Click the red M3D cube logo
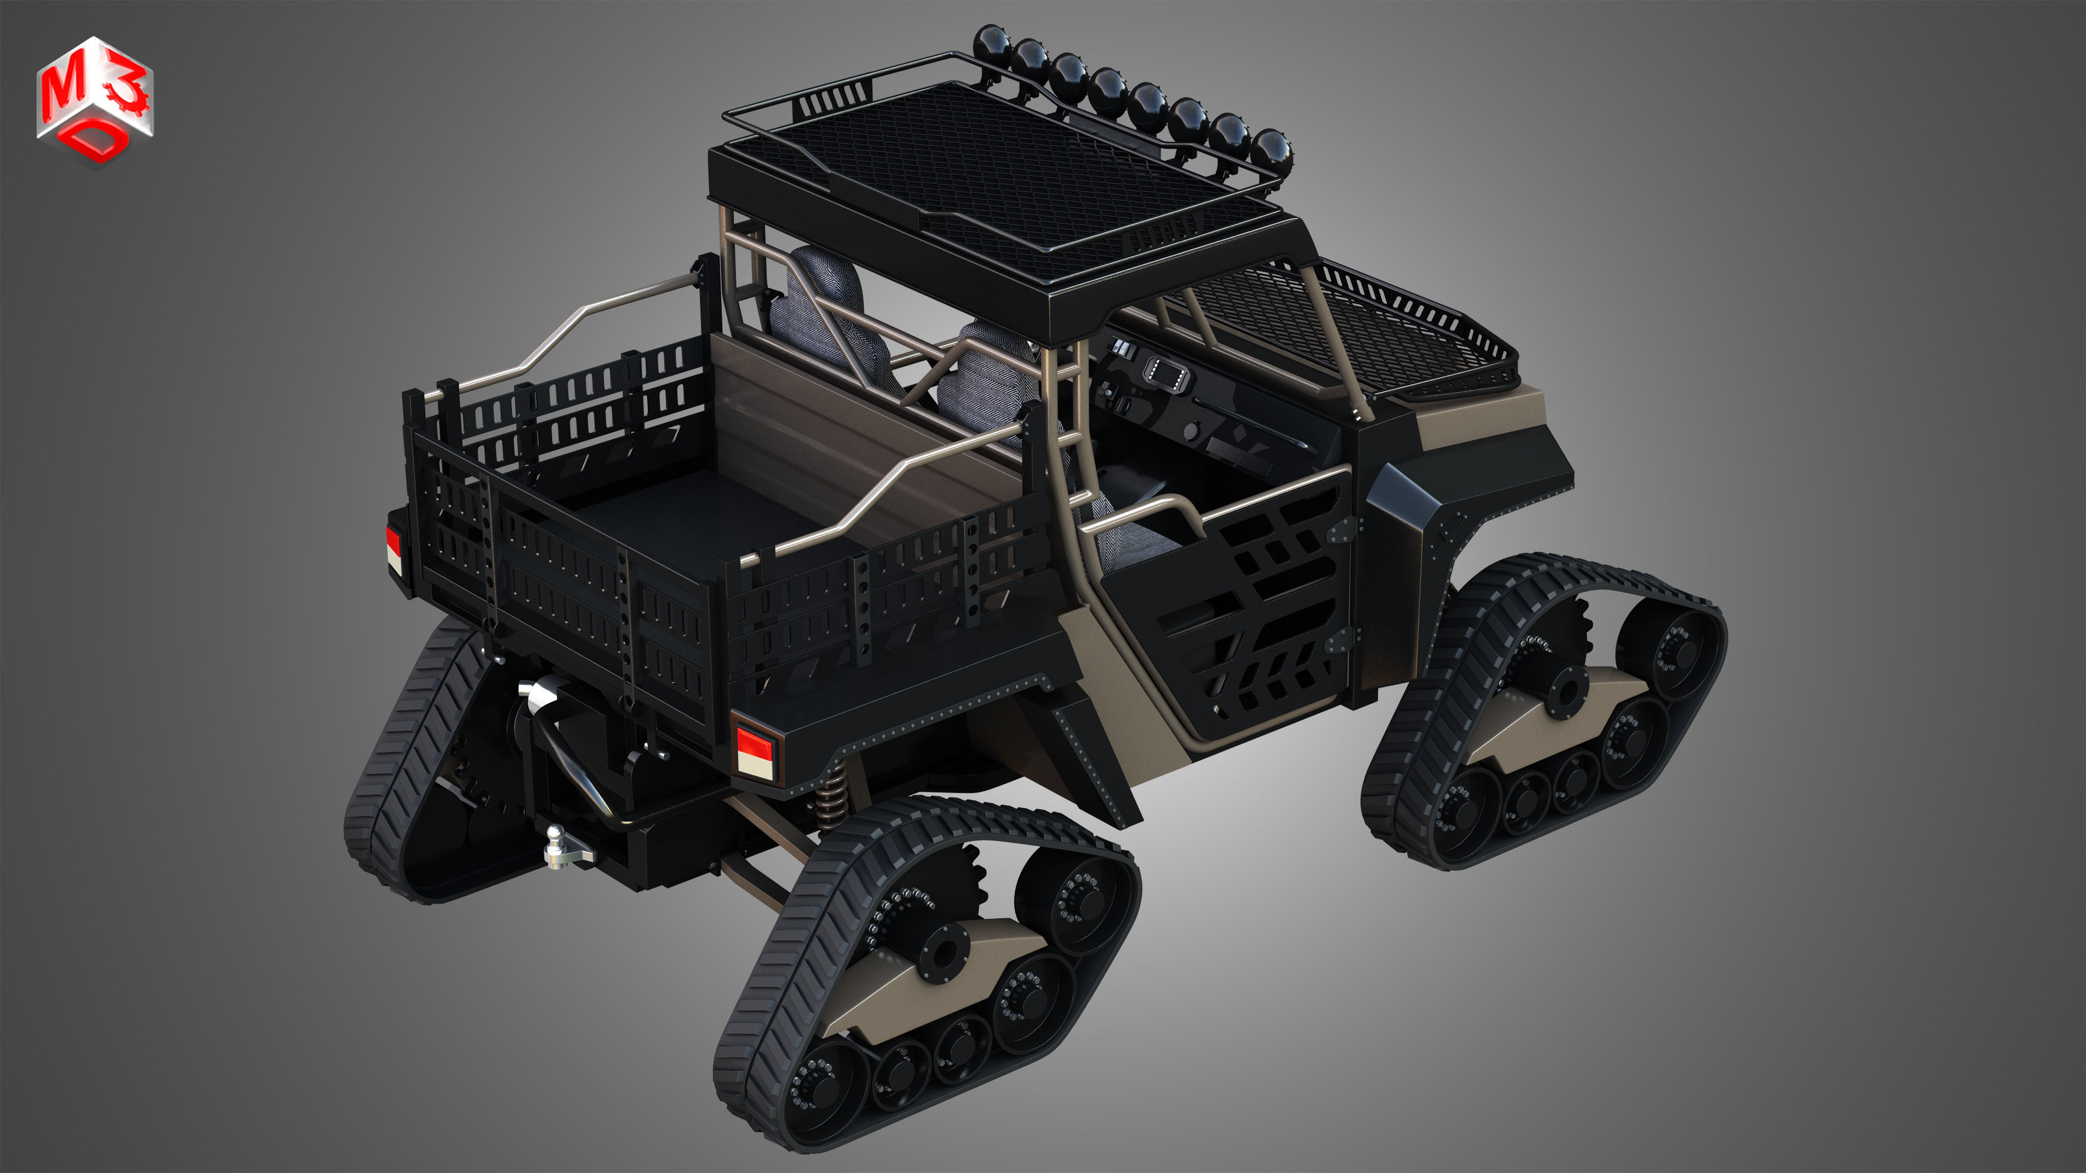coord(94,101)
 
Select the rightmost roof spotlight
coord(1270,148)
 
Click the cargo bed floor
coord(688,518)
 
